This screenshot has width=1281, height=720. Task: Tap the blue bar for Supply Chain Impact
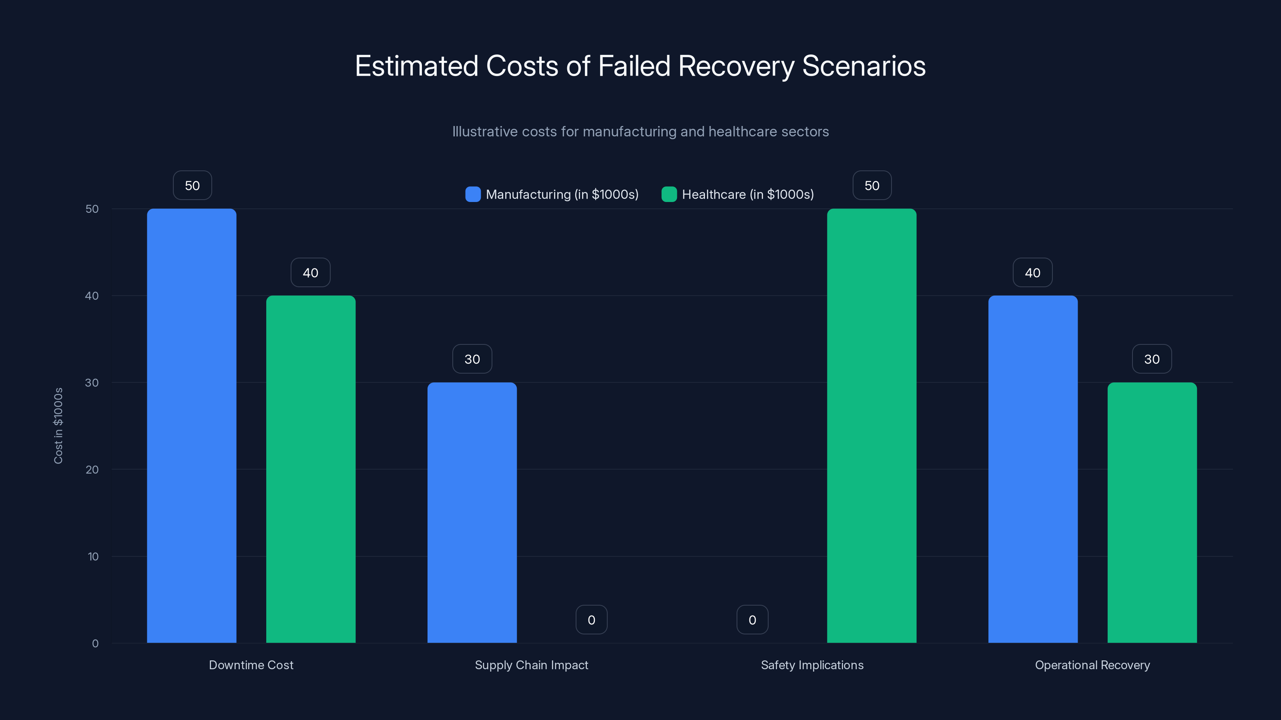(472, 512)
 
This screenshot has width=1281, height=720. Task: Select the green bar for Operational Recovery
(1152, 512)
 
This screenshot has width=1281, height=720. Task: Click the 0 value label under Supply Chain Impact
(591, 620)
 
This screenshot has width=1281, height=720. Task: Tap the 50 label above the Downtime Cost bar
(193, 185)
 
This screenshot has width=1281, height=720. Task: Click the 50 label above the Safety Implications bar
(872, 185)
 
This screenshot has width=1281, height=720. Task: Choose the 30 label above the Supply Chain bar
(472, 359)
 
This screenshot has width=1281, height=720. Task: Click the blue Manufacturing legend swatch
(473, 194)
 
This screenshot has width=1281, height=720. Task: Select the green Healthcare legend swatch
(669, 194)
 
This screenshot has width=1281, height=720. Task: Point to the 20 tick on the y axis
(92, 470)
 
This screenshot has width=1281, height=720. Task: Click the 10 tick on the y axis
(93, 556)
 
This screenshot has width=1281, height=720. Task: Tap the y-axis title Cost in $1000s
(58, 426)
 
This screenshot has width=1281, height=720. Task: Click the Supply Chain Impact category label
(531, 665)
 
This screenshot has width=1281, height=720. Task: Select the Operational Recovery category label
(1092, 665)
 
